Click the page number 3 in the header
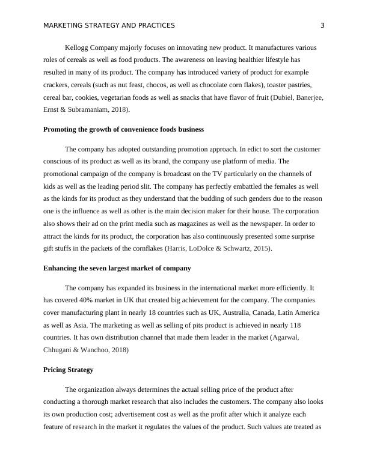pyautogui.click(x=322, y=25)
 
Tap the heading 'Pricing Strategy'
pyautogui.click(x=68, y=370)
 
